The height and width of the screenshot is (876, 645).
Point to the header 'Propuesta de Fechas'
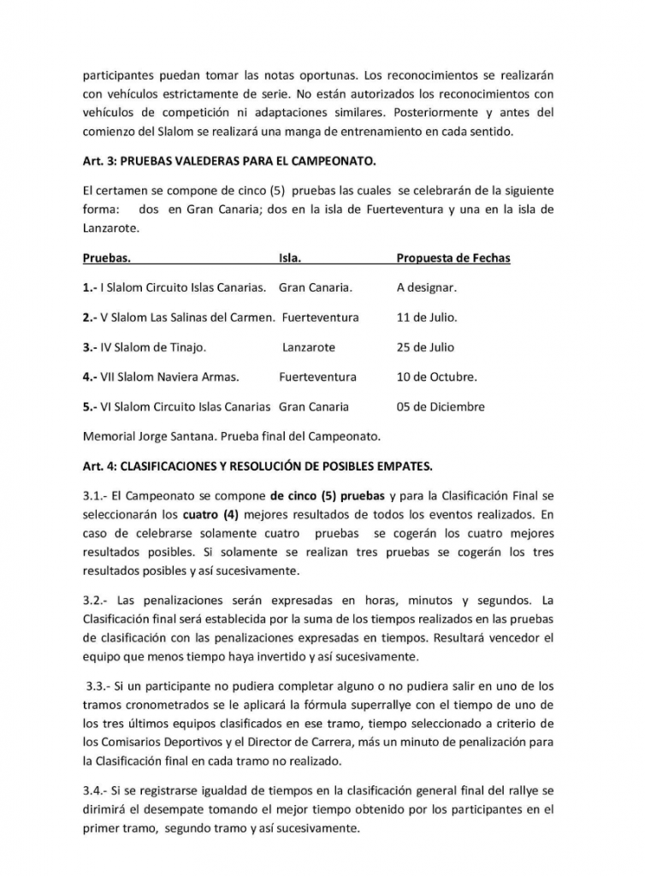pos(453,257)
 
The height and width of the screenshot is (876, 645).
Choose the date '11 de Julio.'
pos(427,317)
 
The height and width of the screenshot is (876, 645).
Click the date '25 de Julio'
pos(425,347)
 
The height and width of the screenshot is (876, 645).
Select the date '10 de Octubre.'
pos(436,376)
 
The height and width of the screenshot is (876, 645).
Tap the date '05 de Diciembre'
pos(440,406)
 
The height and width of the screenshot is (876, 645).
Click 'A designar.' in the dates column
pos(426,287)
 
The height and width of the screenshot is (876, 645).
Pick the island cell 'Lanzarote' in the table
pos(308,347)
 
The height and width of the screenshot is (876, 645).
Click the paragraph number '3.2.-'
pos(97,599)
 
